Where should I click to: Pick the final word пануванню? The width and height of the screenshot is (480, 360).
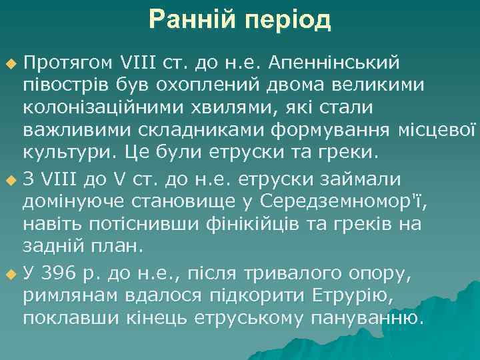375,318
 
